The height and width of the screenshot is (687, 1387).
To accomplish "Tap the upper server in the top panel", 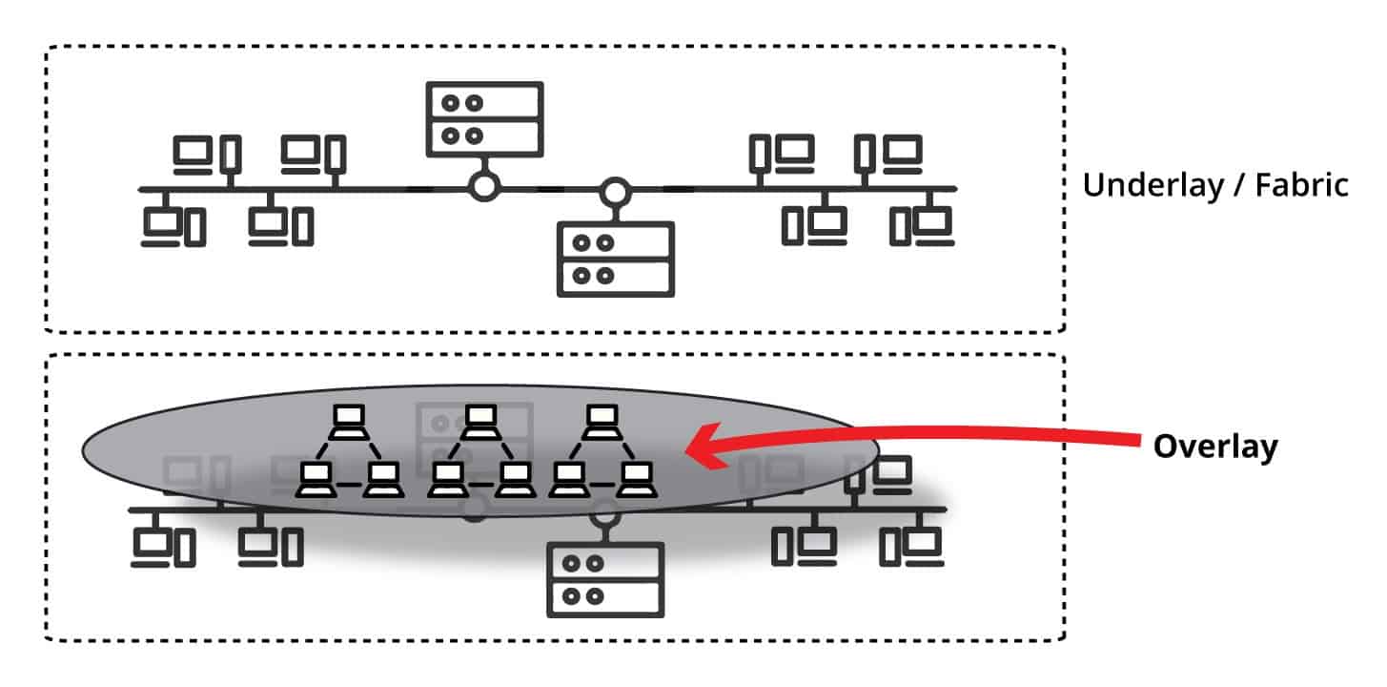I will (484, 119).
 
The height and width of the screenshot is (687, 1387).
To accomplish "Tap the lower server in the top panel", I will (616, 259).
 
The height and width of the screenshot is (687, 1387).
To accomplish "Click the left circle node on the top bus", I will (484, 187).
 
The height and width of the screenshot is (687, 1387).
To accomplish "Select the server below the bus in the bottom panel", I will (605, 579).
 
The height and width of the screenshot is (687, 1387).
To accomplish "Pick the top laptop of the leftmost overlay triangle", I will (349, 418).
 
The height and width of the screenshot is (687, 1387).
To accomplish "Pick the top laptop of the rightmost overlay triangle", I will (600, 418).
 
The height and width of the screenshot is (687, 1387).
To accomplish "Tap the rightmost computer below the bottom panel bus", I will (911, 546).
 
